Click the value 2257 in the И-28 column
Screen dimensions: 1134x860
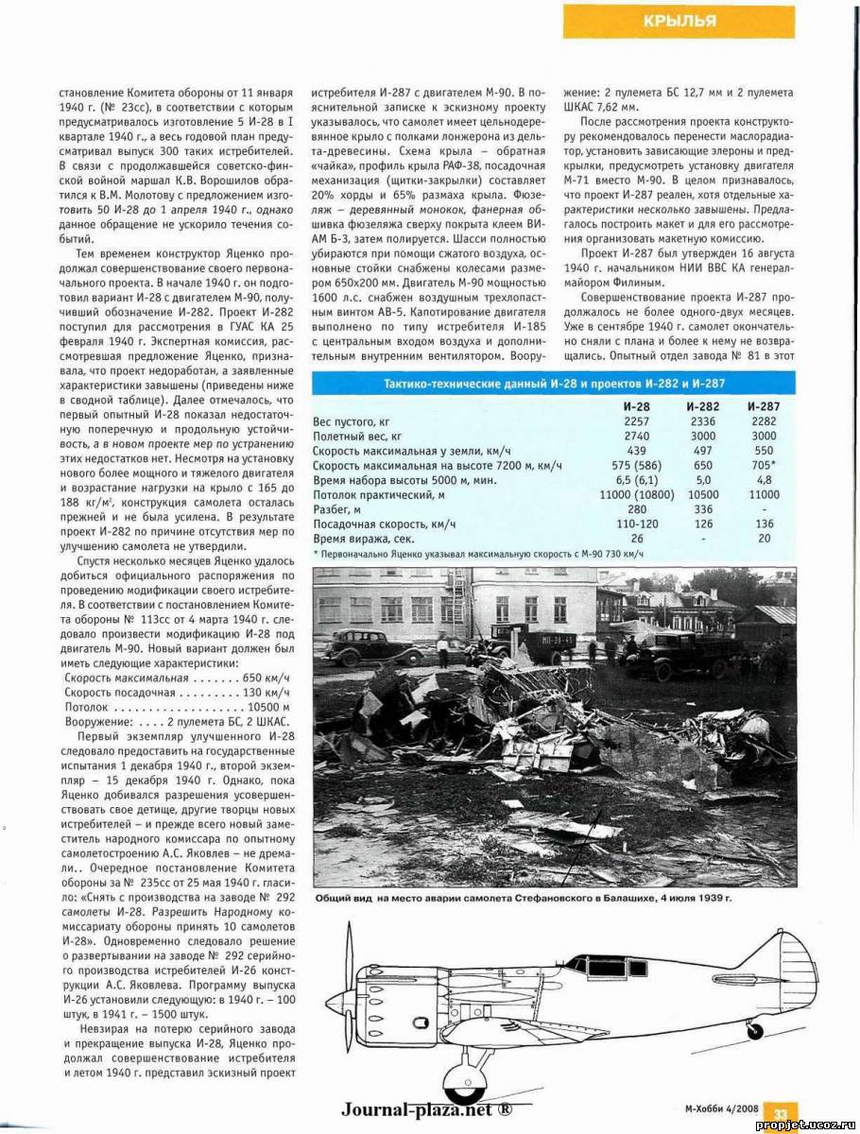[637, 421]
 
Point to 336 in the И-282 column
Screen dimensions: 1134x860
[699, 508]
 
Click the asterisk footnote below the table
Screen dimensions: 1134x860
[477, 553]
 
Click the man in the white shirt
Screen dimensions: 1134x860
[442, 650]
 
